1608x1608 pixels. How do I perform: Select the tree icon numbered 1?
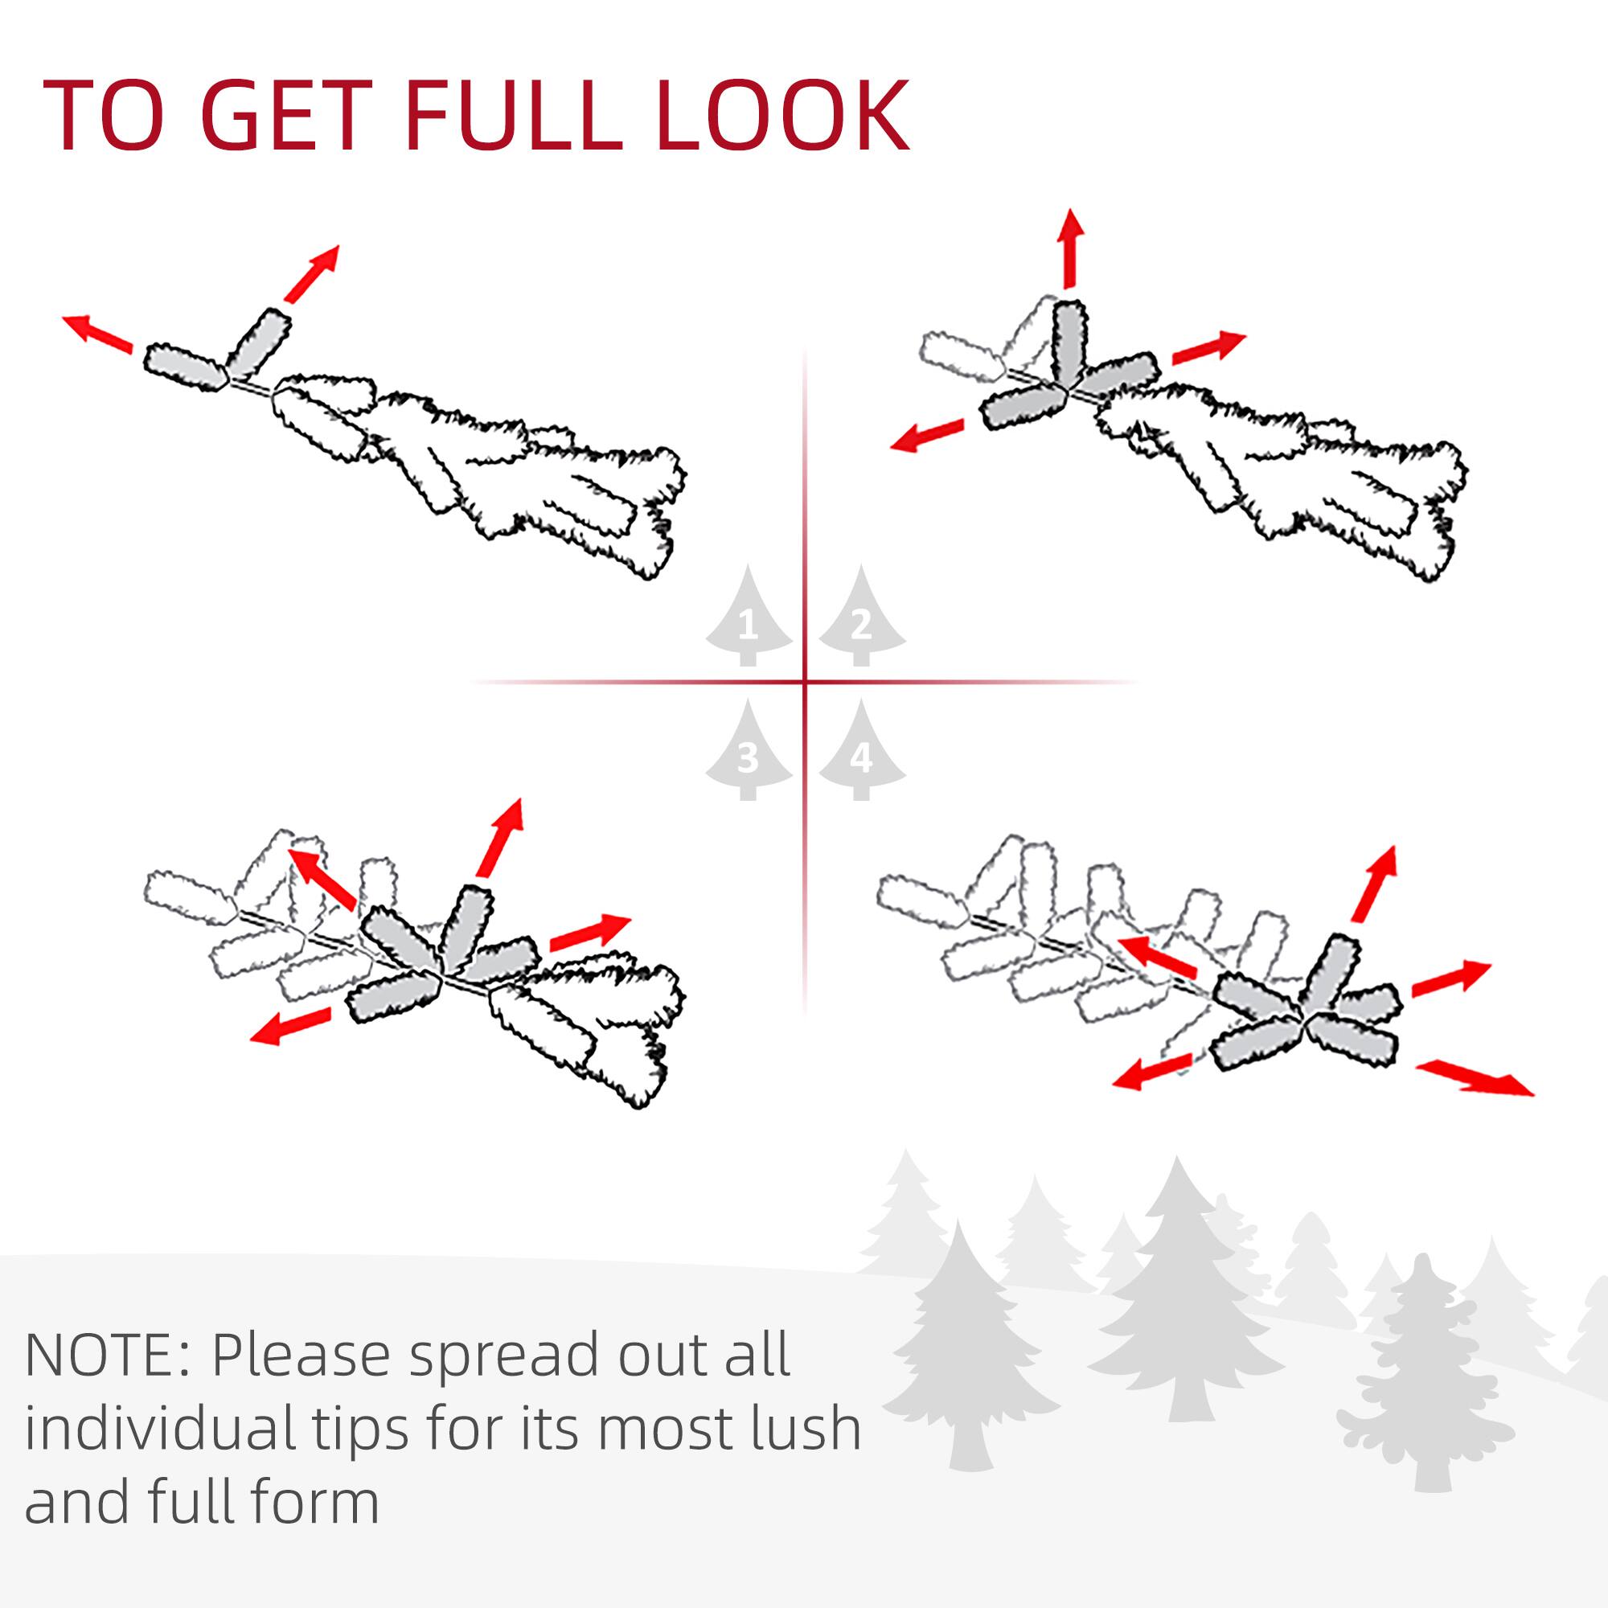(x=748, y=619)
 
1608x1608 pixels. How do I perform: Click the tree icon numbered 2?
(x=861, y=619)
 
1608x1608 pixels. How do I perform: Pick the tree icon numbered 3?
(x=748, y=753)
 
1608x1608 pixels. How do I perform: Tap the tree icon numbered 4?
(x=861, y=753)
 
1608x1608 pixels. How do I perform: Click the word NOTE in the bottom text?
(x=103, y=1356)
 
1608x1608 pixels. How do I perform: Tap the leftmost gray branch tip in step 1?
(x=185, y=366)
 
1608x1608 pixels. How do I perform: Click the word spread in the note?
(x=504, y=1356)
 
